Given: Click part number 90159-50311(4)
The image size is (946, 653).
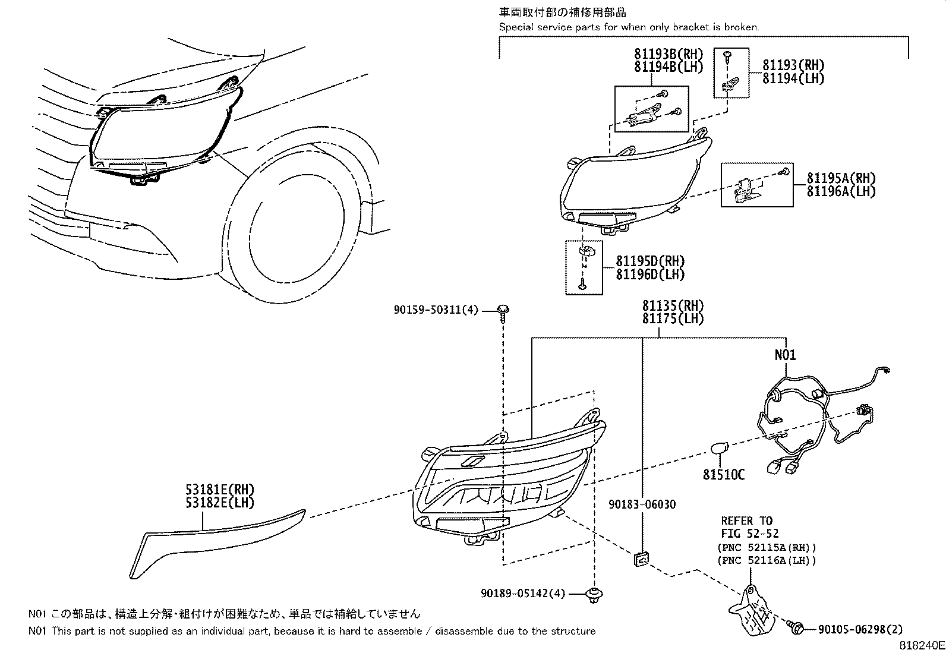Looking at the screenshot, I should (x=436, y=310).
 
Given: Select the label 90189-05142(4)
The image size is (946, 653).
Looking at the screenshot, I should (x=523, y=593).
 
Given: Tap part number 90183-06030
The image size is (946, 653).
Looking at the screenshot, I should (x=642, y=504).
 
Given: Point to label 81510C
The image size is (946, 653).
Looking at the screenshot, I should (x=724, y=475).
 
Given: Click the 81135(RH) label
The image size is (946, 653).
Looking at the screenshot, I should (x=673, y=306).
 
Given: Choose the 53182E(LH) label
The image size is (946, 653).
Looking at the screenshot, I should (x=219, y=503).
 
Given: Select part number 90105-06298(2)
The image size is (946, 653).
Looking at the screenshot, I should (x=860, y=629).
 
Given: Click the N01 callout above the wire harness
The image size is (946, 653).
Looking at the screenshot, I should (x=785, y=355).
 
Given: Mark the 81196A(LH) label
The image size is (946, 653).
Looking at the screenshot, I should (x=841, y=191).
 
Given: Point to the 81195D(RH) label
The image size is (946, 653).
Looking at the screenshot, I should (x=650, y=261).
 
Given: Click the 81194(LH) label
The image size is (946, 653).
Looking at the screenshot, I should (x=793, y=78).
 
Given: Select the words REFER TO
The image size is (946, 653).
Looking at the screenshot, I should (x=746, y=521).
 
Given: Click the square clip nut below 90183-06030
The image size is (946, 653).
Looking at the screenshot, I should (x=642, y=559).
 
